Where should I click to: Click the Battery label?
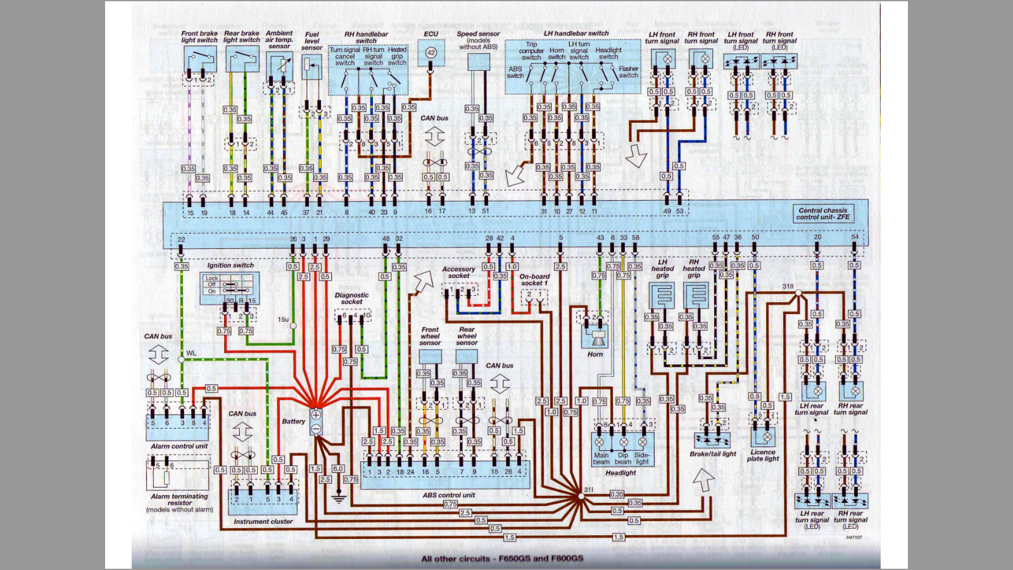(x=293, y=421)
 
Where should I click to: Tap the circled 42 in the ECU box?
(x=431, y=53)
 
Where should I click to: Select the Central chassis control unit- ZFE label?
(x=822, y=213)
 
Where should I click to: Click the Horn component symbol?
(x=595, y=336)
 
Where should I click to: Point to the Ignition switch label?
(x=230, y=265)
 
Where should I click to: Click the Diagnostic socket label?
(x=351, y=298)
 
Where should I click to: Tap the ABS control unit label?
(x=448, y=495)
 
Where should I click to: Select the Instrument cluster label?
(x=263, y=521)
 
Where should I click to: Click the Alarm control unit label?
(x=179, y=446)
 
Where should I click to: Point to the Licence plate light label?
(x=763, y=455)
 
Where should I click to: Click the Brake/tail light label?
(x=713, y=453)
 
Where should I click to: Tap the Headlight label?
(x=620, y=472)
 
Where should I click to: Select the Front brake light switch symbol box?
(x=199, y=60)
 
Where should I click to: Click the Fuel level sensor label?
(x=311, y=41)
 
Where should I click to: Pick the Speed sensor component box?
(x=479, y=61)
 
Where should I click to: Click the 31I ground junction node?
(x=580, y=497)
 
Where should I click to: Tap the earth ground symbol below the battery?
(x=339, y=498)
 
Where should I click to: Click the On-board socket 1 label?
(x=534, y=280)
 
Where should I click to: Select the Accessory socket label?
(x=458, y=272)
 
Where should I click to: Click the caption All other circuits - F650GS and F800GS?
(x=502, y=559)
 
